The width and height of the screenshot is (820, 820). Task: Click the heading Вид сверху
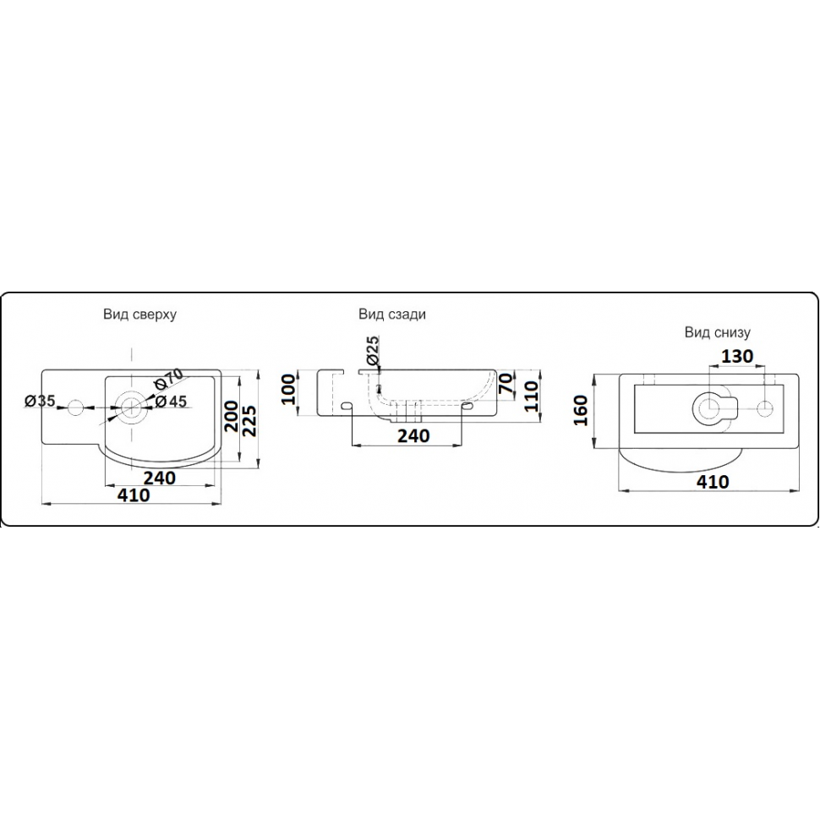(140, 314)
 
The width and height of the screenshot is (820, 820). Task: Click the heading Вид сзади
(391, 314)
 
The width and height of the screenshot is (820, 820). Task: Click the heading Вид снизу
(718, 332)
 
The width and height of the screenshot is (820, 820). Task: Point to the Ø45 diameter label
(171, 402)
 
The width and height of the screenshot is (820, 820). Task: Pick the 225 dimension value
(248, 417)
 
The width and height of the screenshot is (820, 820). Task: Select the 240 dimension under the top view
(159, 478)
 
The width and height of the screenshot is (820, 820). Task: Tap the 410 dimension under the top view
(134, 496)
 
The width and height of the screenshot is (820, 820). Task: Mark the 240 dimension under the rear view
(414, 435)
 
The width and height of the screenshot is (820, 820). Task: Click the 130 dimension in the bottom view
(738, 357)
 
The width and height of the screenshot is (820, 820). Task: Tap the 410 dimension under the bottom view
(713, 482)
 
